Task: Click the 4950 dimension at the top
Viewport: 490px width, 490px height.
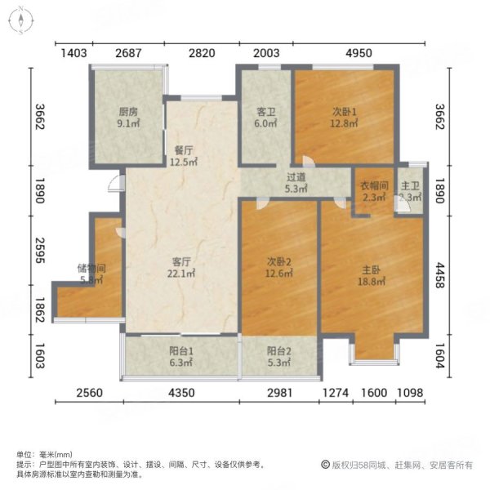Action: coord(359,54)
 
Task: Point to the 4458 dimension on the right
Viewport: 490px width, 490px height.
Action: coord(463,267)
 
